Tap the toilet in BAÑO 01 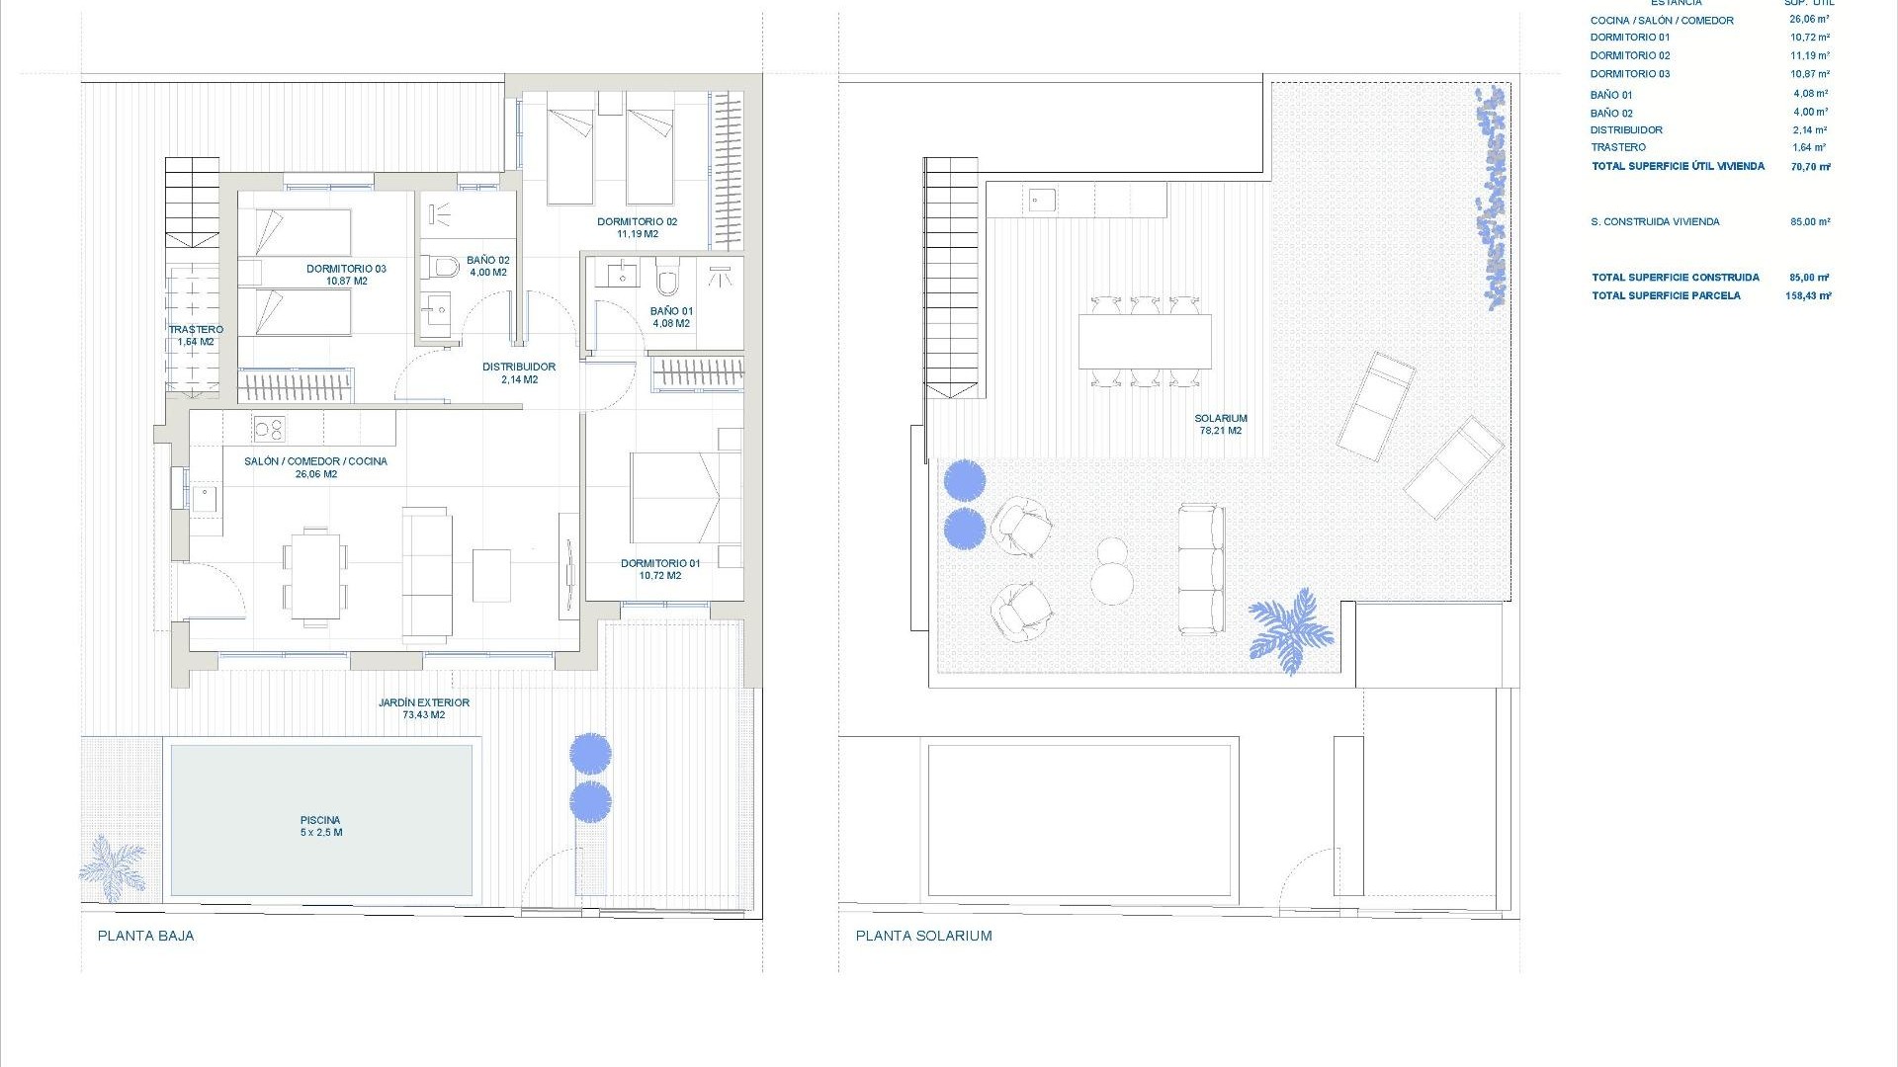point(668,280)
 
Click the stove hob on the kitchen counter point(269,429)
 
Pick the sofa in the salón point(427,573)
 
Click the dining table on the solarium point(1145,342)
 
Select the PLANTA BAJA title point(146,936)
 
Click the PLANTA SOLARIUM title point(923,936)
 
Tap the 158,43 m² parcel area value point(1808,295)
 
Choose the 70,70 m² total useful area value point(1810,167)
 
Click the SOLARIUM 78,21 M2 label point(1221,424)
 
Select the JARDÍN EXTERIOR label point(424,708)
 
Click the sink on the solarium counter point(1041,201)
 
